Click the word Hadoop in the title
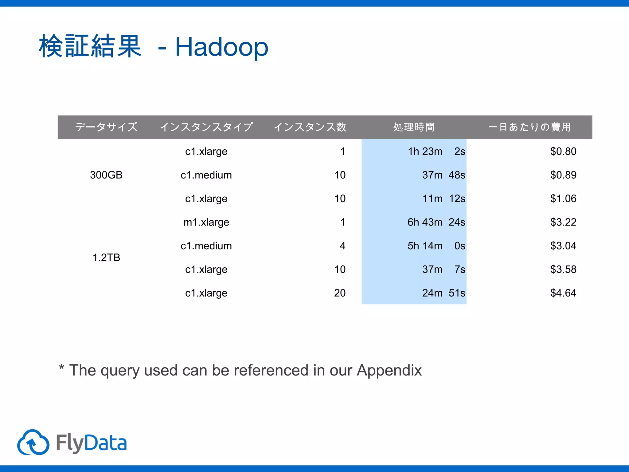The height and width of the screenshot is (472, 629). pos(221,47)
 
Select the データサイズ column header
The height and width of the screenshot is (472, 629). pos(106,127)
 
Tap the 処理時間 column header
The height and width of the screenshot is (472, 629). pos(414,127)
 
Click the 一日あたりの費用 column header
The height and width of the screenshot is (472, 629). pos(529,127)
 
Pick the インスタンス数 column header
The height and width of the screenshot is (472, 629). pos(310,127)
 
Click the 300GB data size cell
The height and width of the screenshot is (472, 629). pos(106,175)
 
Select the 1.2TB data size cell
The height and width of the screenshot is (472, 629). pos(106,258)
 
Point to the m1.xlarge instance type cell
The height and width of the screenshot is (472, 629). pos(206,222)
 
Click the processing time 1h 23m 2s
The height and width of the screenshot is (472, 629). pos(436,151)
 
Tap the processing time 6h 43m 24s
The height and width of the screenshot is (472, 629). pos(436,222)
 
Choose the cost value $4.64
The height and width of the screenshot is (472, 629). pos(563,293)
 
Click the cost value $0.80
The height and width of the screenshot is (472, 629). pos(563,151)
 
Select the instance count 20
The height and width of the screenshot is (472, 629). pos(340,293)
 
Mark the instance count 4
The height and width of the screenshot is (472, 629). pos(342,246)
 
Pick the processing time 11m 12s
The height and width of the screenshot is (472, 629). pos(443,199)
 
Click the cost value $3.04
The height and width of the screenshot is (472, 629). pos(563,246)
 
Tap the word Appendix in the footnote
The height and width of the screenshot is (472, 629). pos(389,370)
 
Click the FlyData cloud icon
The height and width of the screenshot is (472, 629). pos(33,442)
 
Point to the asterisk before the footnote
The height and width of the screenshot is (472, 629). pos(62,367)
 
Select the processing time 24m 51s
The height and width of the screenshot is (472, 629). pos(443,293)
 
